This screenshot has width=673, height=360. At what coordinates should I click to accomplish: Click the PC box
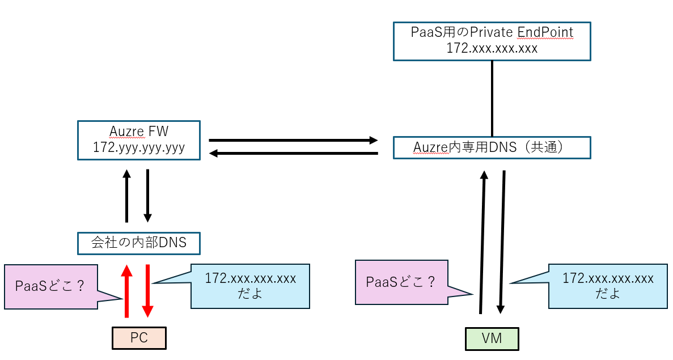(x=139, y=338)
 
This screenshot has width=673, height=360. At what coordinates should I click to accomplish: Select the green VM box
(x=492, y=339)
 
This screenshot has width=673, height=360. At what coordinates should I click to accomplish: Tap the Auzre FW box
(x=139, y=140)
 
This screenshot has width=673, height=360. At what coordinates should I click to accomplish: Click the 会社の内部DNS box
(x=139, y=243)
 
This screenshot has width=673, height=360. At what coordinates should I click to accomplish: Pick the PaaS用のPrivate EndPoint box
(x=492, y=41)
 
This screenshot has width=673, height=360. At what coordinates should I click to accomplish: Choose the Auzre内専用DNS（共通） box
(x=492, y=147)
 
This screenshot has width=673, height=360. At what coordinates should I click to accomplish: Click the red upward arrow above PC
(x=126, y=290)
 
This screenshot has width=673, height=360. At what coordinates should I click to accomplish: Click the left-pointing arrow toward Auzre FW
(x=293, y=153)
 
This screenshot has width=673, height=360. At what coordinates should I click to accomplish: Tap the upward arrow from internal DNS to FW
(x=126, y=196)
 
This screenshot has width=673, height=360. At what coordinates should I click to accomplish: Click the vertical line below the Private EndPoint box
(x=492, y=98)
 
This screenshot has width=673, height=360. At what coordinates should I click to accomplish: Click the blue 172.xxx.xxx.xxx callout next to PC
(x=250, y=286)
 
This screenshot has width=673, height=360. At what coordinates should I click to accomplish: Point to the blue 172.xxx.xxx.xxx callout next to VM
(x=607, y=286)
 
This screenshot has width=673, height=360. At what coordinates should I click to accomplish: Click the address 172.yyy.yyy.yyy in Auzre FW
(x=139, y=148)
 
